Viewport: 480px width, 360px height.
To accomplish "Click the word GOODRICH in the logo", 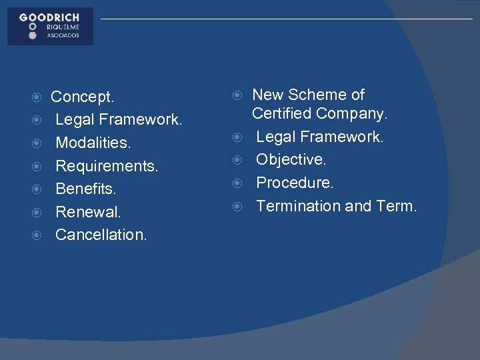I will [x=49, y=17].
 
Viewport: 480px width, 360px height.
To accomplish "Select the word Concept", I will [x=83, y=97].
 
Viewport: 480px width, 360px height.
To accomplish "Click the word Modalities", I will [x=93, y=143].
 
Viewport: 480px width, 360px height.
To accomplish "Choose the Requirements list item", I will [x=107, y=166].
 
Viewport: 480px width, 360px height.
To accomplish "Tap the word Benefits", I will [x=86, y=189].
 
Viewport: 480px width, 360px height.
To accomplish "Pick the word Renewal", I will [x=88, y=212].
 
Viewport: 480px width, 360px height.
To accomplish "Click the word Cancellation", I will [x=101, y=235].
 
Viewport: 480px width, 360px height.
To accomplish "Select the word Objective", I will [x=291, y=160].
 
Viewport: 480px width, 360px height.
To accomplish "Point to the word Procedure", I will [x=295, y=183].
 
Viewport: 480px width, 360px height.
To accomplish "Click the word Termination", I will [x=297, y=206].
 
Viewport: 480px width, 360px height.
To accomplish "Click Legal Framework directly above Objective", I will [x=320, y=137].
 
